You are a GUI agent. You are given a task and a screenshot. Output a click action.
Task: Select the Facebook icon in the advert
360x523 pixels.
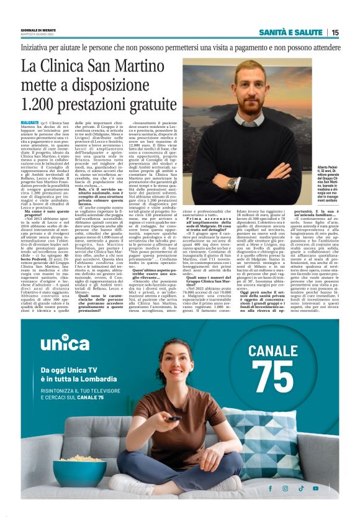point(271,488)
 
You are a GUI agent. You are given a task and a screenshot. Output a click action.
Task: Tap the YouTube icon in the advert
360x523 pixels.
point(317,488)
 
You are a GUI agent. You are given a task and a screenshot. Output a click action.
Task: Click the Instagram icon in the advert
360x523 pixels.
point(286,488)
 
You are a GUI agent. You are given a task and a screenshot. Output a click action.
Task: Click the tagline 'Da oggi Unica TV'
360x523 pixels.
point(73,371)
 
